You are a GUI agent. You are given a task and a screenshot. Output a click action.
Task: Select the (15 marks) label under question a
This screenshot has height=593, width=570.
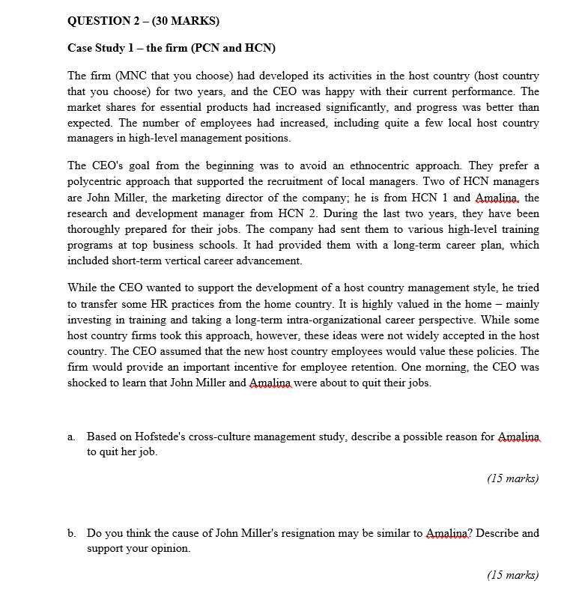tap(512, 478)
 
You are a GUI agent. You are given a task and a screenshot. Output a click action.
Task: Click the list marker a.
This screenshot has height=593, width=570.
tap(71, 436)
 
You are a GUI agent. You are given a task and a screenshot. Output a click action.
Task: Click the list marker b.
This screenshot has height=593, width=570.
tap(71, 533)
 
